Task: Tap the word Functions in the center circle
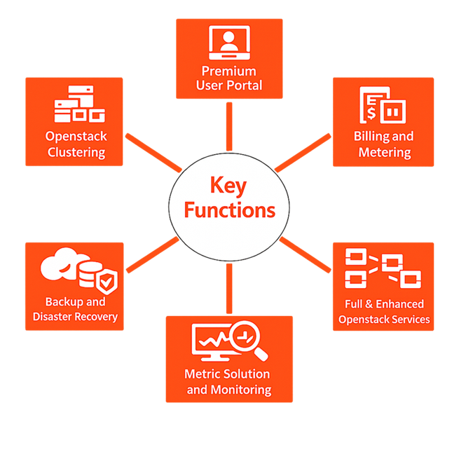pyautogui.click(x=229, y=210)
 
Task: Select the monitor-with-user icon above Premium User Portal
pyautogui.click(x=229, y=43)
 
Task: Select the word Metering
pyautogui.click(x=384, y=152)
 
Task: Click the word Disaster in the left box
pyautogui.click(x=55, y=317)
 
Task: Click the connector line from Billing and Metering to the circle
pyautogui.click(x=303, y=151)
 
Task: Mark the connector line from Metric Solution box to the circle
pyautogui.click(x=228, y=287)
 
